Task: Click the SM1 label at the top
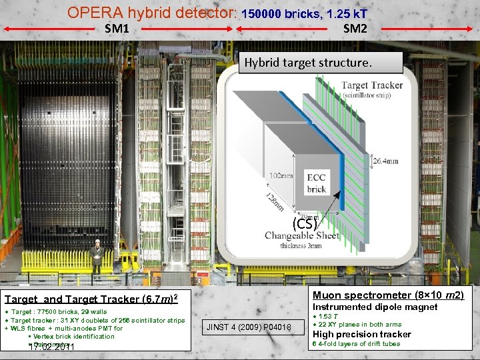tap(117, 29)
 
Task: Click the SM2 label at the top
tap(355, 29)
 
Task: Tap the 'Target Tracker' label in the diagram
tap(372, 85)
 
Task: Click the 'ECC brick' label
tap(316, 183)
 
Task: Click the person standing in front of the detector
tap(97, 256)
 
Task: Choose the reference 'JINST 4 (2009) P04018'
tap(249, 327)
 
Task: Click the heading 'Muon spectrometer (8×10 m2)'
tap(388, 295)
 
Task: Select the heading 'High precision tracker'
tap(362, 334)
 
